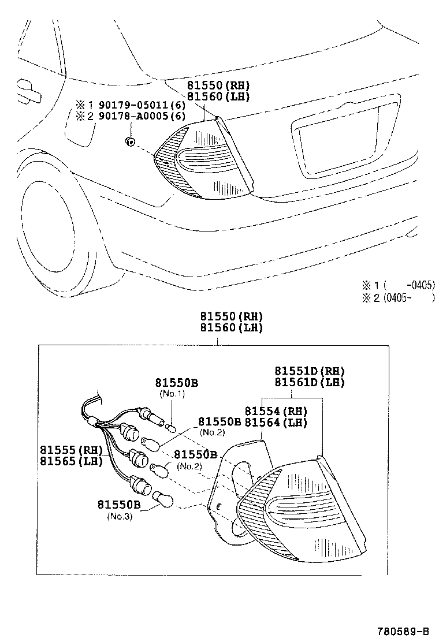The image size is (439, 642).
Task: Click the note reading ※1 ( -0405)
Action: (397, 285)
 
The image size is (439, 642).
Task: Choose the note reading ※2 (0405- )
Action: (397, 298)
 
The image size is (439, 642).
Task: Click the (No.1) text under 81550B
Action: (172, 393)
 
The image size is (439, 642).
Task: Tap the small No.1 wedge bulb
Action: (169, 428)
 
